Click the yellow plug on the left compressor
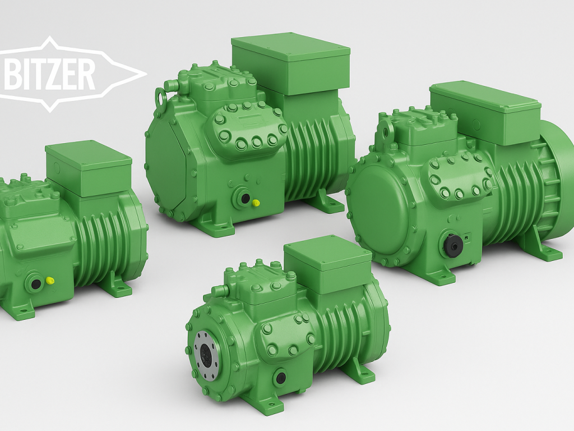pyautogui.click(x=49, y=281)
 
